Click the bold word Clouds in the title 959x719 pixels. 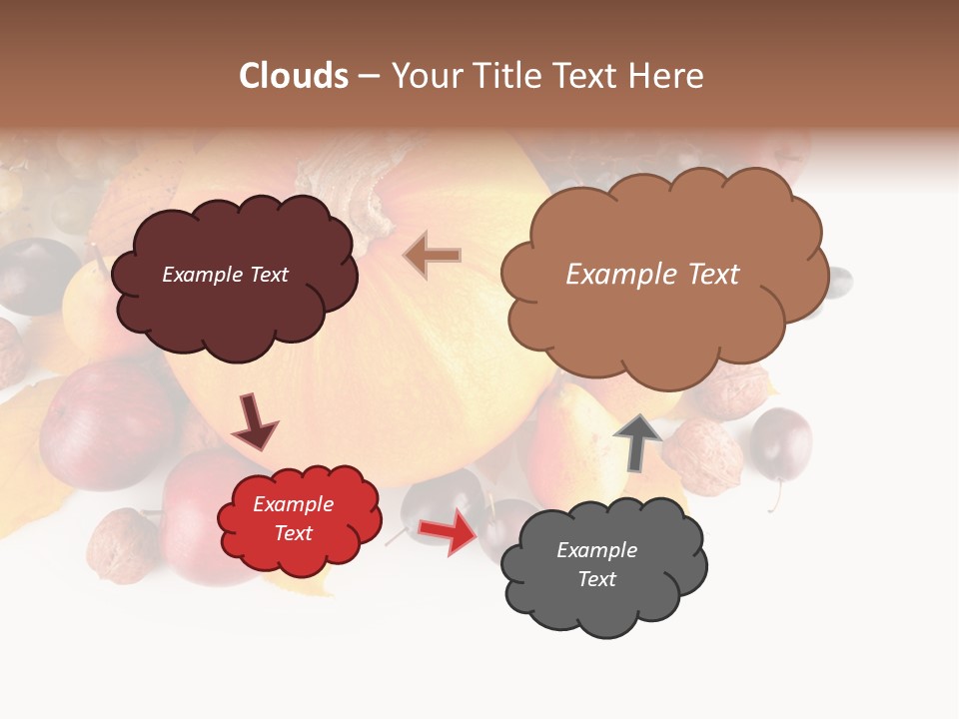pos(294,76)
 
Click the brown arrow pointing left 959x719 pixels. pos(433,255)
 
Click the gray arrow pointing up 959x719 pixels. pos(637,440)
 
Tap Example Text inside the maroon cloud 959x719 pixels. pos(225,275)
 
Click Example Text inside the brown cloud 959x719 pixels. pos(652,275)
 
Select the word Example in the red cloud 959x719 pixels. pos(293,504)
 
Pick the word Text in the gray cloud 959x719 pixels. pos(596,579)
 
